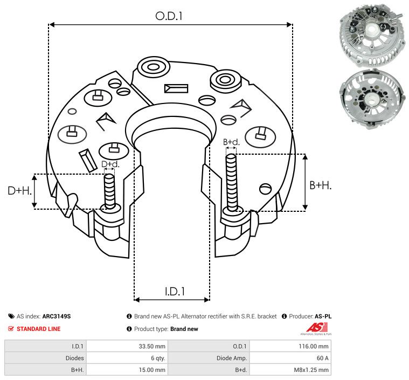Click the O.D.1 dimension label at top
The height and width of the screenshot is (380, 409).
click(169, 16)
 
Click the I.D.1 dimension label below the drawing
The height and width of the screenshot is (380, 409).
click(175, 292)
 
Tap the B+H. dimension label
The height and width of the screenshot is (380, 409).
click(321, 185)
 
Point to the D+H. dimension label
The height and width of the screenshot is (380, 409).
click(20, 190)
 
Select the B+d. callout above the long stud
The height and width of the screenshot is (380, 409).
click(231, 142)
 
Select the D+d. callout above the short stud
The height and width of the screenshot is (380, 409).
click(109, 164)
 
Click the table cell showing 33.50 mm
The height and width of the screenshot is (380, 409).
click(127, 346)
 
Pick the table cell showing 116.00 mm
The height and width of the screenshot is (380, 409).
click(290, 346)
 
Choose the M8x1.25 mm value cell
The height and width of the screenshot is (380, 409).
click(290, 370)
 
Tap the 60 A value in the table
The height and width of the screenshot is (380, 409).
click(290, 358)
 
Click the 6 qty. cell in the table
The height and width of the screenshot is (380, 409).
click(127, 358)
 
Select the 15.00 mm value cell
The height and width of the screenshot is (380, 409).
click(127, 370)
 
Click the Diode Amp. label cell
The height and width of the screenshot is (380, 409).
click(209, 358)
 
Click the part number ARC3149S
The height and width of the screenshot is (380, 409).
click(56, 316)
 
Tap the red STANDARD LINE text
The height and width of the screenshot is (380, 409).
click(38, 329)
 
